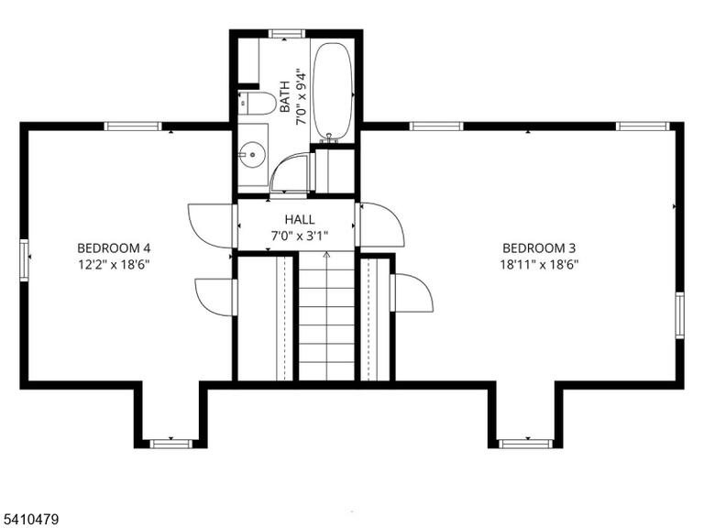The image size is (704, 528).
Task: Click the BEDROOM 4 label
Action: tap(114, 247)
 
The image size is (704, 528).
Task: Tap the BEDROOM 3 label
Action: tap(539, 247)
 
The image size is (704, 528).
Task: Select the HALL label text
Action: tap(300, 220)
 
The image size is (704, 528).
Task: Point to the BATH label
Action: tap(285, 96)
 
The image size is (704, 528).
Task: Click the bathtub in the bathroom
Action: tap(332, 92)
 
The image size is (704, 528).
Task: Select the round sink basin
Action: tap(252, 154)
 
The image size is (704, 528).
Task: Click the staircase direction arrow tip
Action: tap(327, 253)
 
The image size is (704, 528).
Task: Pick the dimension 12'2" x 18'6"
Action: tap(114, 264)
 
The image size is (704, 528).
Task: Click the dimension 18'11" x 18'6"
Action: tap(539, 264)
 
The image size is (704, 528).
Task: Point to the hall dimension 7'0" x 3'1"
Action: tap(300, 235)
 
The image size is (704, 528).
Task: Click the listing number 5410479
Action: tap(29, 520)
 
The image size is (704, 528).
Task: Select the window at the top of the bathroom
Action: tap(286, 34)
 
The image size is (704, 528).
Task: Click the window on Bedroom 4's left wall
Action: tap(24, 260)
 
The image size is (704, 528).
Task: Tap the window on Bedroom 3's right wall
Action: tap(680, 314)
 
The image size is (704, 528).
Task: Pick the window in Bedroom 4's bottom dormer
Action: tap(170, 444)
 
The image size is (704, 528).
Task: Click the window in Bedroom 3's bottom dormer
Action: tap(525, 444)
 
